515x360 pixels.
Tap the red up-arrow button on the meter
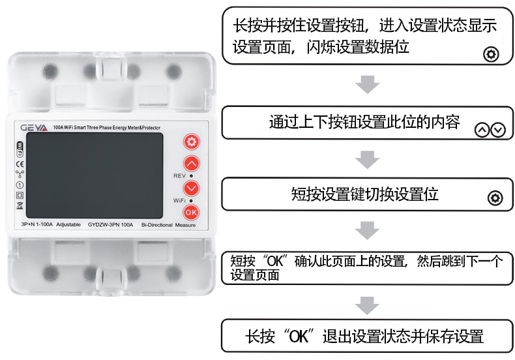point(191,163)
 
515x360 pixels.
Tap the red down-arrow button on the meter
point(191,188)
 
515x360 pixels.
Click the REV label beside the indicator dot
point(179,176)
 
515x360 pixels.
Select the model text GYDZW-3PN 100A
point(110,224)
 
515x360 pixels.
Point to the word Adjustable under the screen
point(68,224)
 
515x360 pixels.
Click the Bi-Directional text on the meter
point(156,224)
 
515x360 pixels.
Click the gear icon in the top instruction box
point(491,54)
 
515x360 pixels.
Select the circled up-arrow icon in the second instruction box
point(482,130)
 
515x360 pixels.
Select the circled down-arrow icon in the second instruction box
point(498,130)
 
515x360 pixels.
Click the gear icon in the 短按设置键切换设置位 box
point(495,198)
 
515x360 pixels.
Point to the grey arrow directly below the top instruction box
point(368,85)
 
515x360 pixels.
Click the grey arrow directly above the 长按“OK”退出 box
point(368,304)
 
